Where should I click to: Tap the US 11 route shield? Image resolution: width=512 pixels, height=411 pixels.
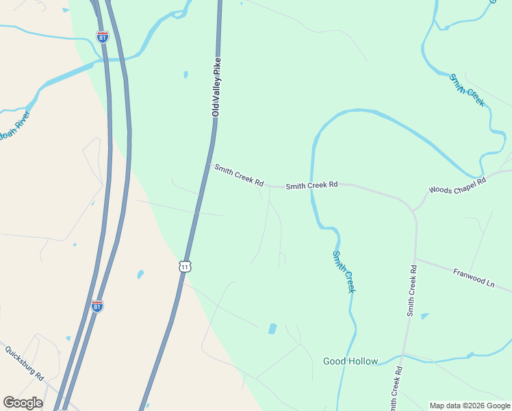185,266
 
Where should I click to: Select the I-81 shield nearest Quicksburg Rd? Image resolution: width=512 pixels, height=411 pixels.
97,306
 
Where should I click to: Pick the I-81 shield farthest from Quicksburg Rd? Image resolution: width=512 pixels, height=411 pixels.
103,37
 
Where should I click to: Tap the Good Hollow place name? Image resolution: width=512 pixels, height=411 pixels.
350,361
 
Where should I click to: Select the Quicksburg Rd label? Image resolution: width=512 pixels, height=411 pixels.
24,363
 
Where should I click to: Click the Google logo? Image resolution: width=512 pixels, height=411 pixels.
23,402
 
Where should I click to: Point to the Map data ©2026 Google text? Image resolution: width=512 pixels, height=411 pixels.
470,406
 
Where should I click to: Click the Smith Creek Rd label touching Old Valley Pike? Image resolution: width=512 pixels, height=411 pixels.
238,175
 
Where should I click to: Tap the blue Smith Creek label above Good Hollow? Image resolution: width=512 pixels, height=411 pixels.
344,271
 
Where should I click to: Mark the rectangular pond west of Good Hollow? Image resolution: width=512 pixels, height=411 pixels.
272,329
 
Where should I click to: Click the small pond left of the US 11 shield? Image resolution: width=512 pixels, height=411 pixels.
140,275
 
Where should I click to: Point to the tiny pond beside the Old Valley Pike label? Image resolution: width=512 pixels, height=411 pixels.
185,75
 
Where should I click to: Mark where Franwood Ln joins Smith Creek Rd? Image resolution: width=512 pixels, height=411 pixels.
415,259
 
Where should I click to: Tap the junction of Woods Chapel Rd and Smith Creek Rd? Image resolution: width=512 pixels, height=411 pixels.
413,208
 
